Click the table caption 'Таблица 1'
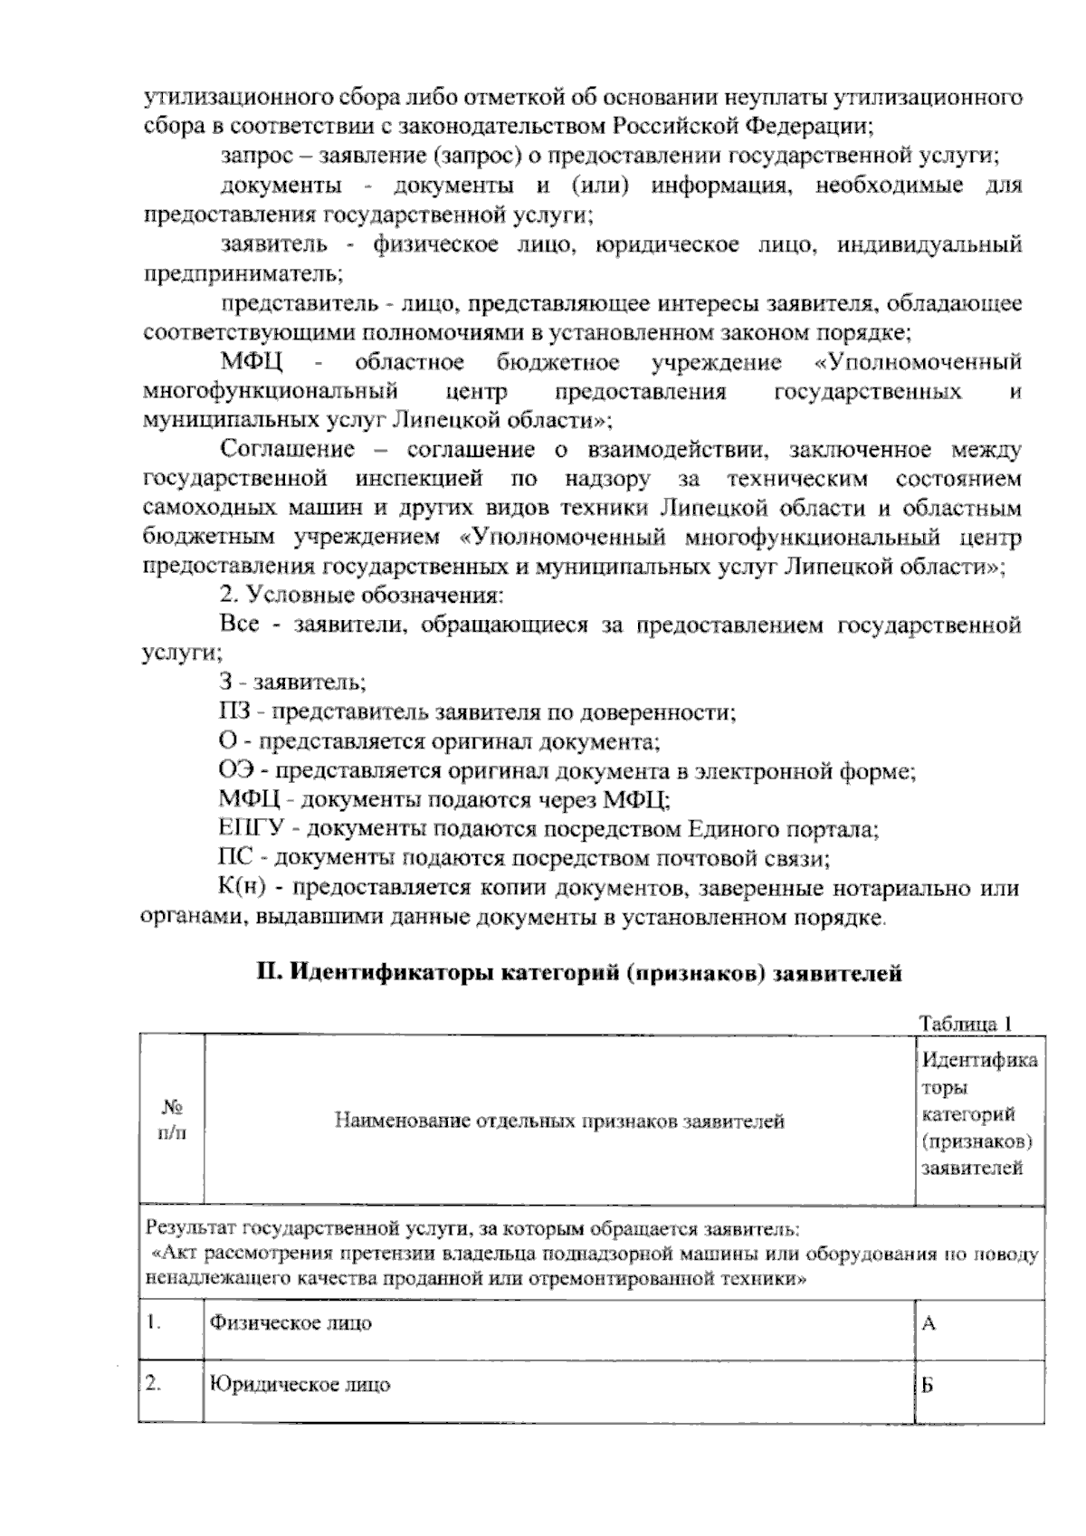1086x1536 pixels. tap(964, 1024)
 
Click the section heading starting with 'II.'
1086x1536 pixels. tap(579, 974)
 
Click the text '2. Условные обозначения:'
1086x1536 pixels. tap(362, 596)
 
